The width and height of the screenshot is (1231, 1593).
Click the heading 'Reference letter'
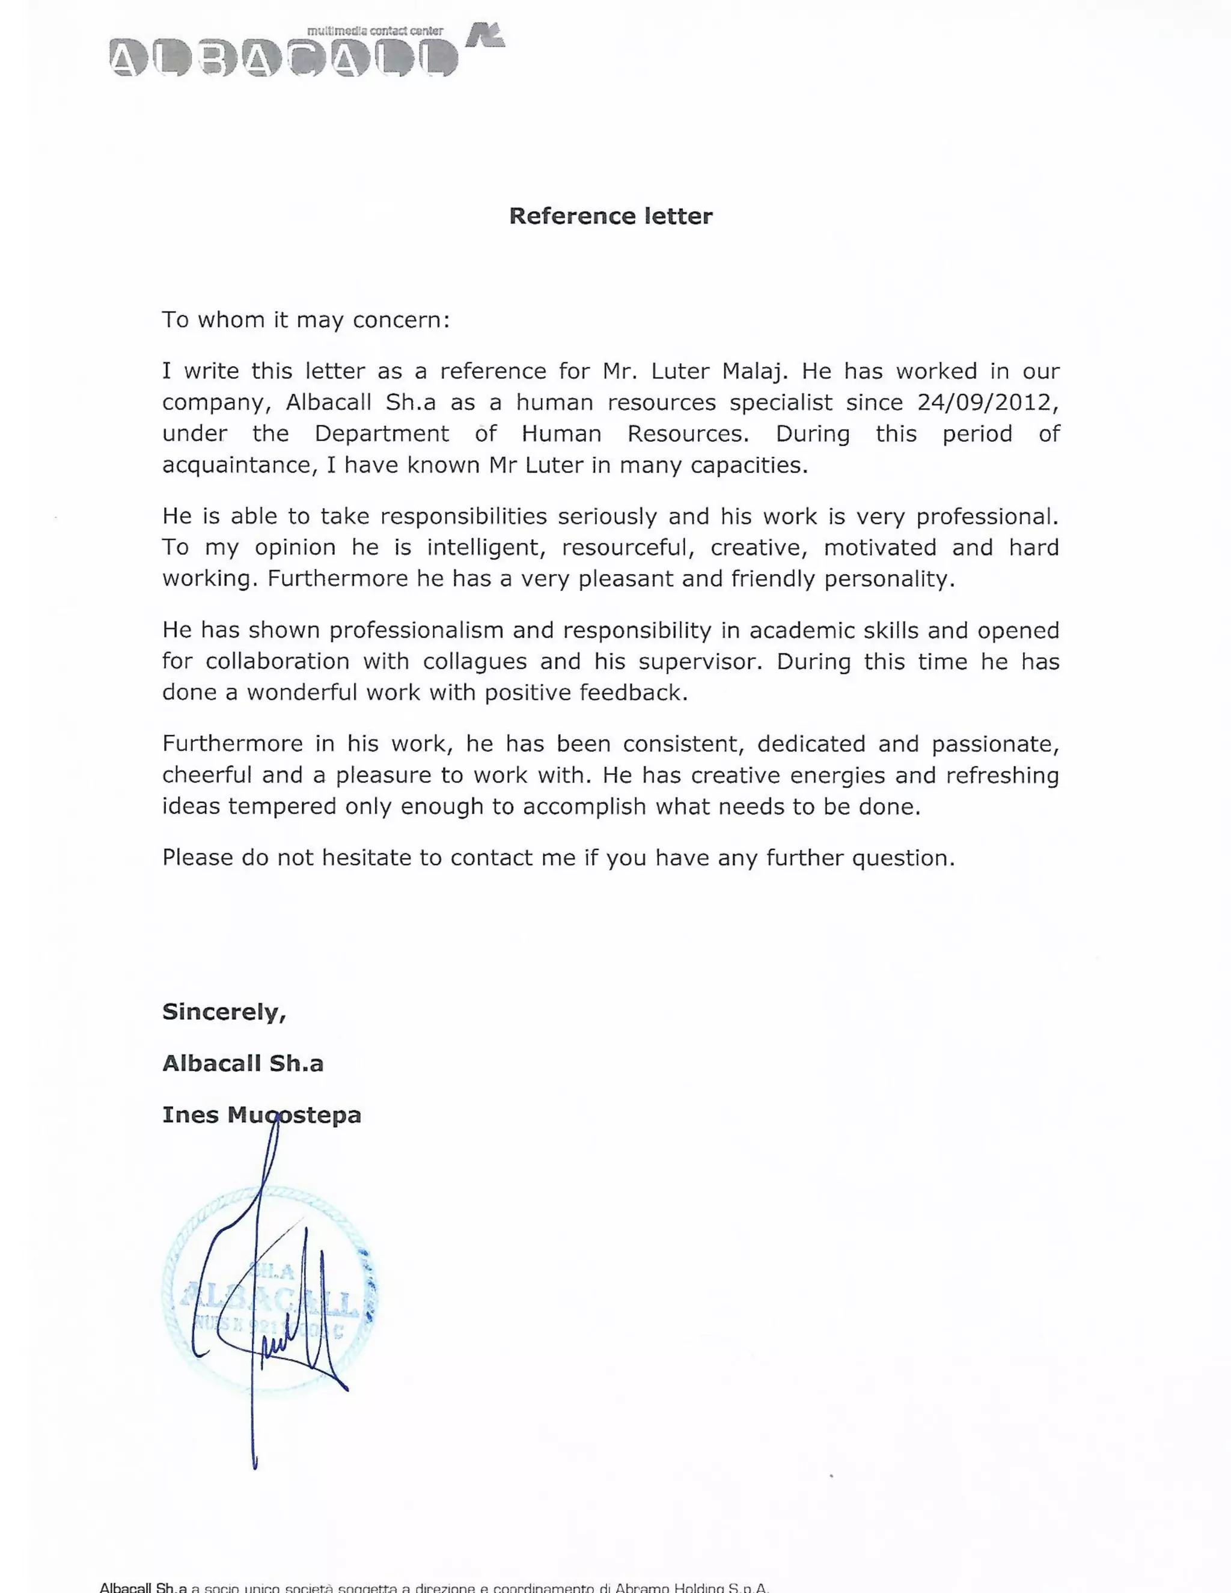[x=611, y=216]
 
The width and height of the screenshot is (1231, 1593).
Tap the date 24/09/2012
[x=984, y=403]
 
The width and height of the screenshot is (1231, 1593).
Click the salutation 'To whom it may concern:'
[x=305, y=320]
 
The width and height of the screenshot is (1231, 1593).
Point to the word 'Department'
[x=382, y=434]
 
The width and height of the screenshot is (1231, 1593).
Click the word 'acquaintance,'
[x=239, y=465]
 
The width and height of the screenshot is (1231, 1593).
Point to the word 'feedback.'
[x=633, y=692]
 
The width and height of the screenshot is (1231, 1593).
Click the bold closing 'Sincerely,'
[x=224, y=1012]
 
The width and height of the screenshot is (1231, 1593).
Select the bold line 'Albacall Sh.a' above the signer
[x=242, y=1063]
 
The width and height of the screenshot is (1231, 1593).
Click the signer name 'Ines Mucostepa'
[x=261, y=1115]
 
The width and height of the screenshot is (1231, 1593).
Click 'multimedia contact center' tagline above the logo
[x=375, y=31]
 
